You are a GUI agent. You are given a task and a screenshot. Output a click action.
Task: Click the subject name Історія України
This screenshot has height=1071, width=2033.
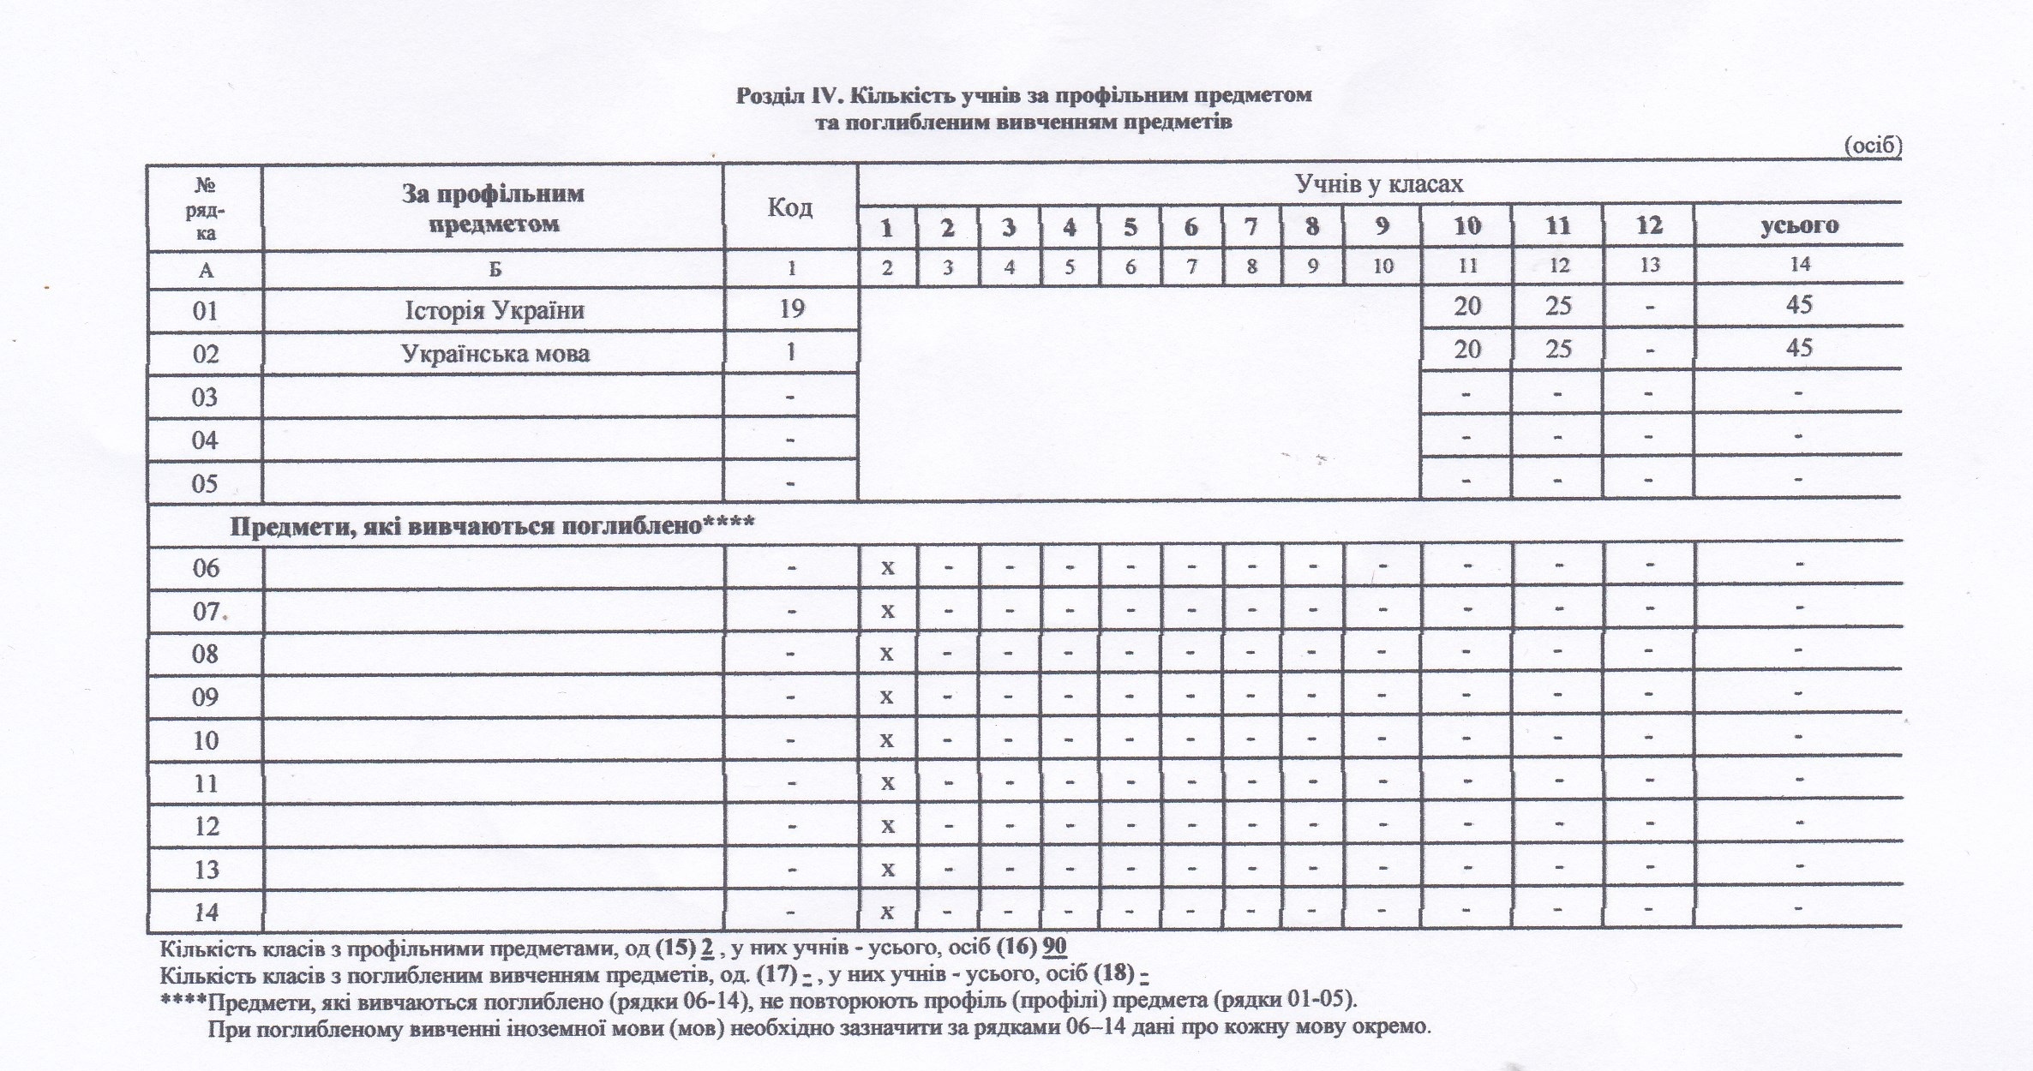pyautogui.click(x=495, y=309)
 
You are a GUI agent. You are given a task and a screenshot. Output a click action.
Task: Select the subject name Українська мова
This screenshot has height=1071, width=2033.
pyautogui.click(x=495, y=353)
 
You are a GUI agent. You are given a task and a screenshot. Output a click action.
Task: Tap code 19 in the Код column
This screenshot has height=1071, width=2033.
pyautogui.click(x=791, y=308)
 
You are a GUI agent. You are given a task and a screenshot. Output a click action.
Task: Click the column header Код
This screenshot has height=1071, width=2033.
pyautogui.click(x=789, y=207)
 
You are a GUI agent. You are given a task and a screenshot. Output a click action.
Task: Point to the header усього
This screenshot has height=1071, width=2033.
pyautogui.click(x=1799, y=226)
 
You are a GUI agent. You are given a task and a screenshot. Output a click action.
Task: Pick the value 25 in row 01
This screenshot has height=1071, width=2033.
pyautogui.click(x=1557, y=306)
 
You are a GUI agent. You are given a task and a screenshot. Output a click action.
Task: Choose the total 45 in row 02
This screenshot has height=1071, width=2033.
pyautogui.click(x=1798, y=348)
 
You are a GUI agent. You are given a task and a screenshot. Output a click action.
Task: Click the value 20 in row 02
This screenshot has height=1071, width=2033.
pyautogui.click(x=1467, y=349)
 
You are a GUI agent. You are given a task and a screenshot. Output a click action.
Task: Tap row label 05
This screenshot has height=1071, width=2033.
pyautogui.click(x=205, y=483)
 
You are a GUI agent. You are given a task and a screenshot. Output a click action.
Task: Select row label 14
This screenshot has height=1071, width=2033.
pyautogui.click(x=206, y=912)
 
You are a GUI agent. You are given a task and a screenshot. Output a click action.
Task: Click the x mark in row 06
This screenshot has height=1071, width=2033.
pyautogui.click(x=888, y=567)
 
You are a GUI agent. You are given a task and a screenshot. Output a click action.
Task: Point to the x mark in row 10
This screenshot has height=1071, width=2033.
pyautogui.click(x=888, y=739)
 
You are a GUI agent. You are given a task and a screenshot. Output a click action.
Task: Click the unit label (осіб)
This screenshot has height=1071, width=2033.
pyautogui.click(x=1873, y=147)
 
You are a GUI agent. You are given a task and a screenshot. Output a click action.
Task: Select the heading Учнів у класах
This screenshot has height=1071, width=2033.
pyautogui.click(x=1379, y=184)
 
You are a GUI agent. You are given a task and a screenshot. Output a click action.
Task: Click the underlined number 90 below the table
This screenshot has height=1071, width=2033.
pyautogui.click(x=1055, y=947)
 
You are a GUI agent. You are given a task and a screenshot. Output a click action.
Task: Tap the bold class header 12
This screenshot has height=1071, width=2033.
pyautogui.click(x=1649, y=226)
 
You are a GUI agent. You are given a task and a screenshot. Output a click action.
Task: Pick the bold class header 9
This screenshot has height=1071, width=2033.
pyautogui.click(x=1382, y=226)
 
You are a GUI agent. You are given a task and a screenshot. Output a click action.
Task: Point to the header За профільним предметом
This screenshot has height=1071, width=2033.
pyautogui.click(x=493, y=208)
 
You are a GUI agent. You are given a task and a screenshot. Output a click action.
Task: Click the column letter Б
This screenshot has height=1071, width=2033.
pyautogui.click(x=495, y=269)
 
